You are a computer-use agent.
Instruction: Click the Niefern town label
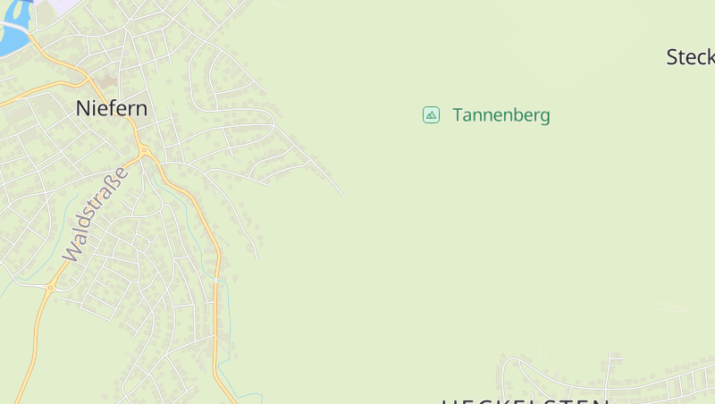coord(112,108)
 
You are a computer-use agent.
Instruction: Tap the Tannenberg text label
coord(500,115)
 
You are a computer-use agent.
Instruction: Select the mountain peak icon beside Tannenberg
coord(431,114)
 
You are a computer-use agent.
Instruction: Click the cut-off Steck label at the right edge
coord(691,57)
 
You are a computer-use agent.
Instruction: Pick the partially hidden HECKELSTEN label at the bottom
coord(526,400)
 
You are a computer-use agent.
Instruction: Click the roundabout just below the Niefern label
coord(143,150)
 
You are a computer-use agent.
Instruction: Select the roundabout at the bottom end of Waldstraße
coord(51,288)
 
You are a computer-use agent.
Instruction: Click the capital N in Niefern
coord(83,108)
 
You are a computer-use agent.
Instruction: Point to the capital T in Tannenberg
coord(458,115)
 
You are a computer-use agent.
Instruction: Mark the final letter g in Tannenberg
coord(544,117)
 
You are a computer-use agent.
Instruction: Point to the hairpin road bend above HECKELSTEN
coord(507,366)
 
